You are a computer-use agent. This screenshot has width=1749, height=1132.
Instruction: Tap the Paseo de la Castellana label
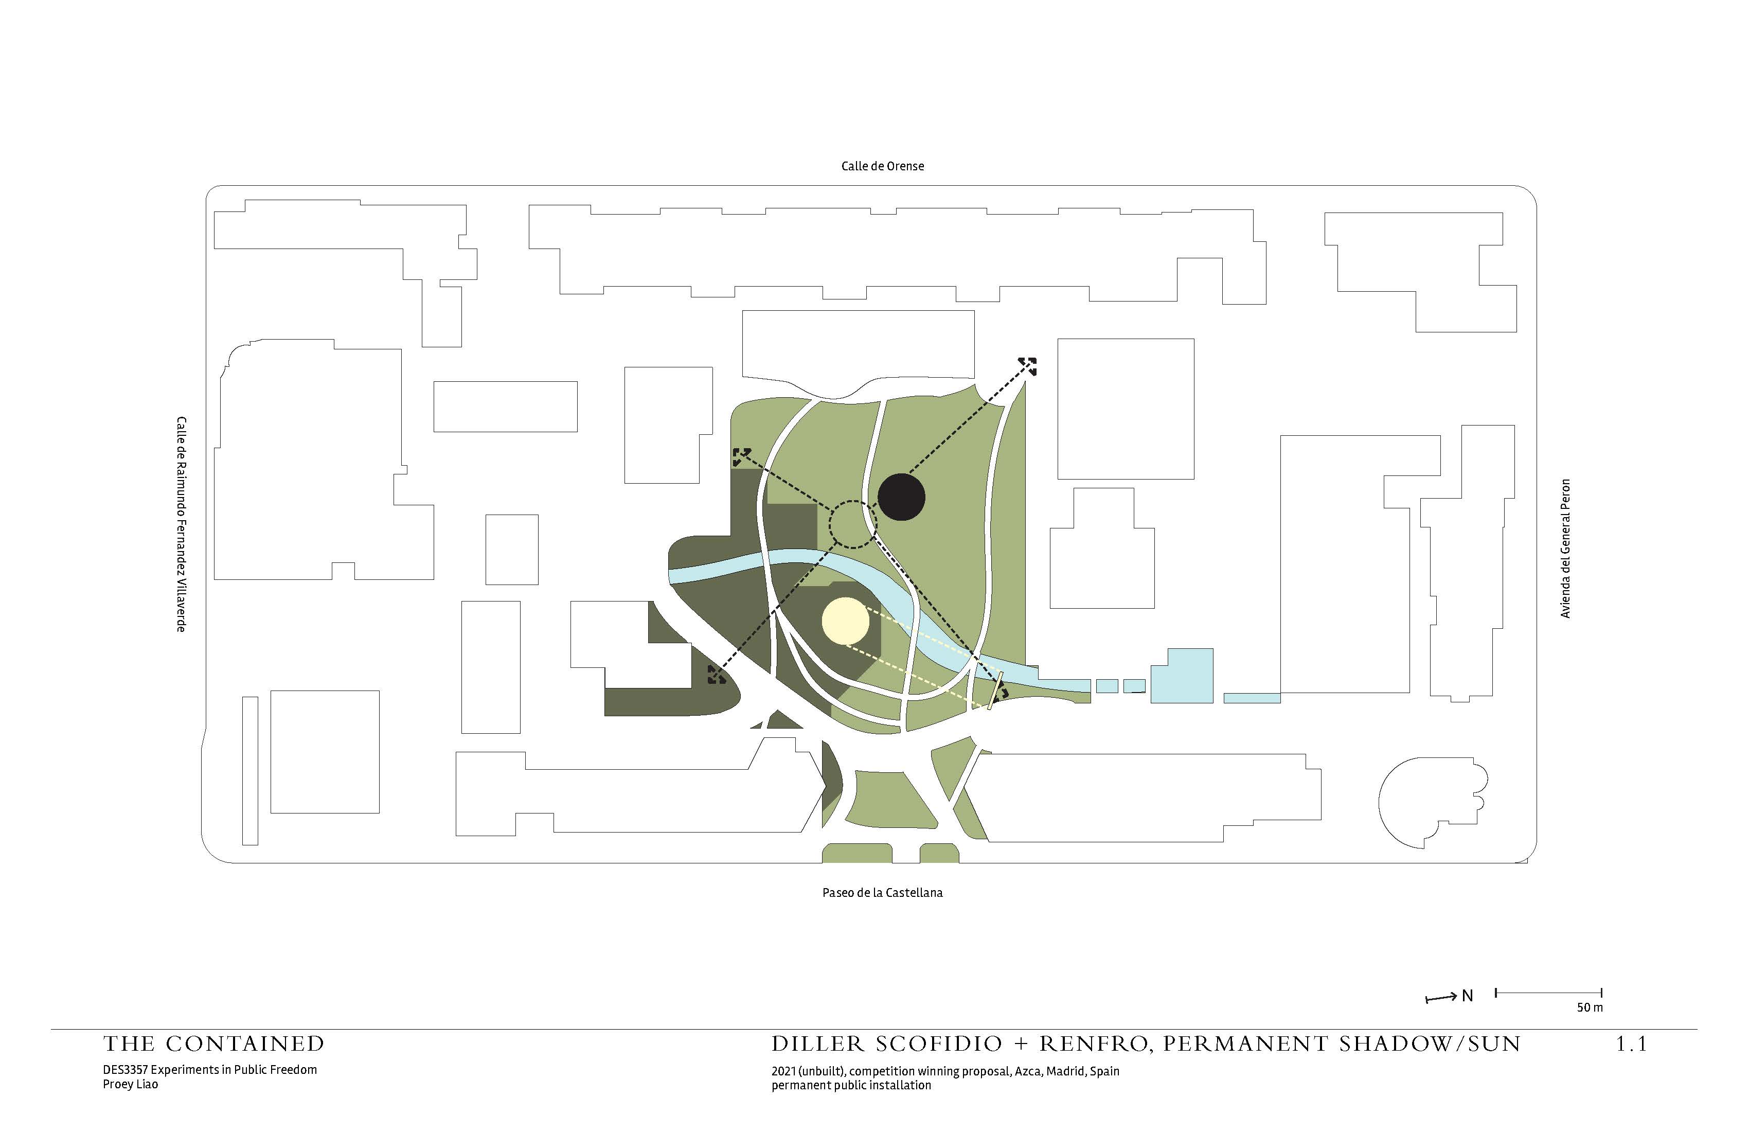[882, 892]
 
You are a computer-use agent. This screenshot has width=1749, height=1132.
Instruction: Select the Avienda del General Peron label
[1565, 549]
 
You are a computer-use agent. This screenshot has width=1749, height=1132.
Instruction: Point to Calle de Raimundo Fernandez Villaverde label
[181, 524]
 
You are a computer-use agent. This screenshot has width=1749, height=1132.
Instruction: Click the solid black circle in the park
[901, 498]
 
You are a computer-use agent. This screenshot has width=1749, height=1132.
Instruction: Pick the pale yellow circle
[846, 621]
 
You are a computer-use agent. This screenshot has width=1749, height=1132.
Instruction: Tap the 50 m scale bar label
[1590, 1007]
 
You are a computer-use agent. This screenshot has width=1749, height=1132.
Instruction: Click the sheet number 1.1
[1631, 1044]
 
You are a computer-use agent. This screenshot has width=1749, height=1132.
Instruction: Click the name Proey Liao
[130, 1084]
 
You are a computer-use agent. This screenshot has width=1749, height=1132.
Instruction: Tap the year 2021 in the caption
[783, 1071]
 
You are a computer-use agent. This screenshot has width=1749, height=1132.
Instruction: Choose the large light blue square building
[1181, 676]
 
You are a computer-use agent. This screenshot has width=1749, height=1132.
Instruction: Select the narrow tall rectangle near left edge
[250, 770]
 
